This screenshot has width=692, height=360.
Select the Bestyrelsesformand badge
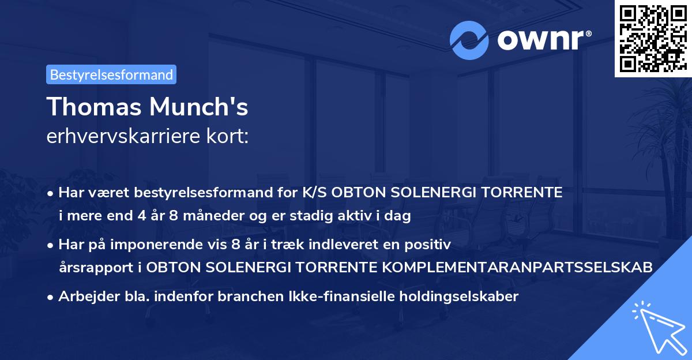point(111,74)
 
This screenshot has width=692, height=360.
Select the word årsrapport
point(98,268)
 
